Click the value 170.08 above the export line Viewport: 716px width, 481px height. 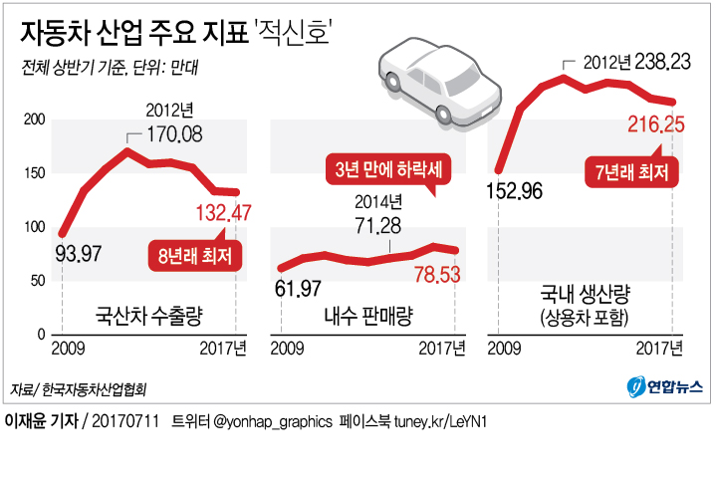(177, 131)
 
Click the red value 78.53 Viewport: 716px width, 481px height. (431, 273)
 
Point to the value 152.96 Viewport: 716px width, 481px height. (514, 190)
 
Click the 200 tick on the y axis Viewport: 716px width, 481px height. (35, 120)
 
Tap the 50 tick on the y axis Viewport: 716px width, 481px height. (38, 280)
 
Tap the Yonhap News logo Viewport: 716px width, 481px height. (662, 386)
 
